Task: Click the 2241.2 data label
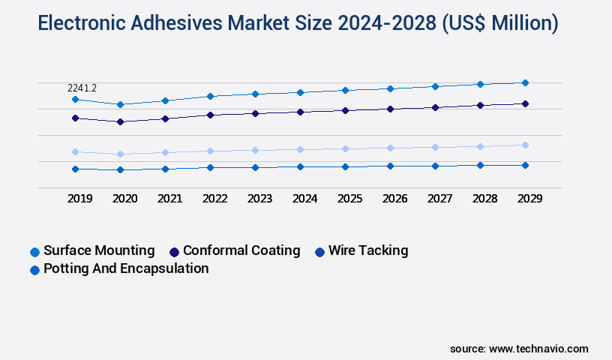pyautogui.click(x=82, y=88)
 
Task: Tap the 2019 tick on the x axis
pyautogui.click(x=79, y=199)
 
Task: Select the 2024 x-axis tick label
pyautogui.click(x=304, y=199)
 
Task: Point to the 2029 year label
pyautogui.click(x=529, y=199)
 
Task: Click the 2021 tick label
pyautogui.click(x=169, y=199)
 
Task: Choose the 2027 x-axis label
pyautogui.click(x=439, y=199)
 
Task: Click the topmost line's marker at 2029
pyautogui.click(x=525, y=82)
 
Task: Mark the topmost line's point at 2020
pyautogui.click(x=120, y=104)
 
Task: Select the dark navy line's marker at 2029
pyautogui.click(x=525, y=103)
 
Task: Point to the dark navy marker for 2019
pyautogui.click(x=75, y=118)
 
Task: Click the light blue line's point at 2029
pyautogui.click(x=525, y=145)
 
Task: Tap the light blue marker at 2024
pyautogui.click(x=300, y=149)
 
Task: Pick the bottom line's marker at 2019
pyautogui.click(x=75, y=169)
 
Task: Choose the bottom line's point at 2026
pyautogui.click(x=390, y=166)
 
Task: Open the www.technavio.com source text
pyautogui.click(x=538, y=349)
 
